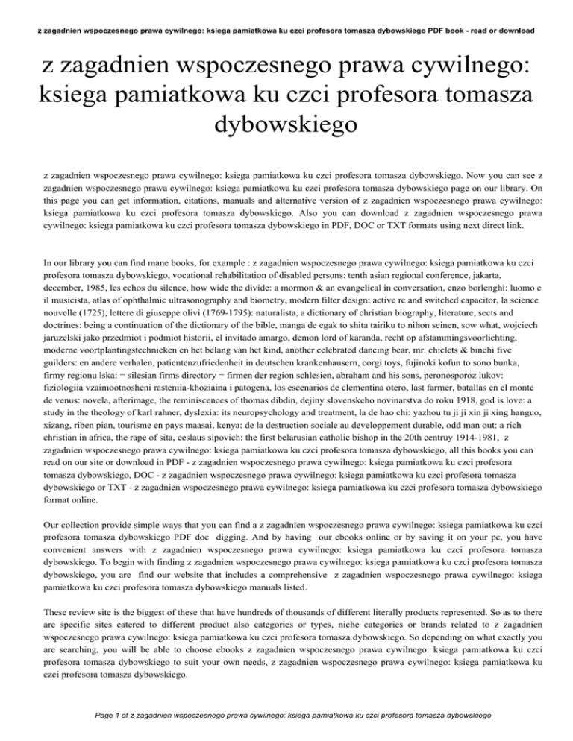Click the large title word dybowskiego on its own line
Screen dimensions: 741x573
click(x=286, y=124)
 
